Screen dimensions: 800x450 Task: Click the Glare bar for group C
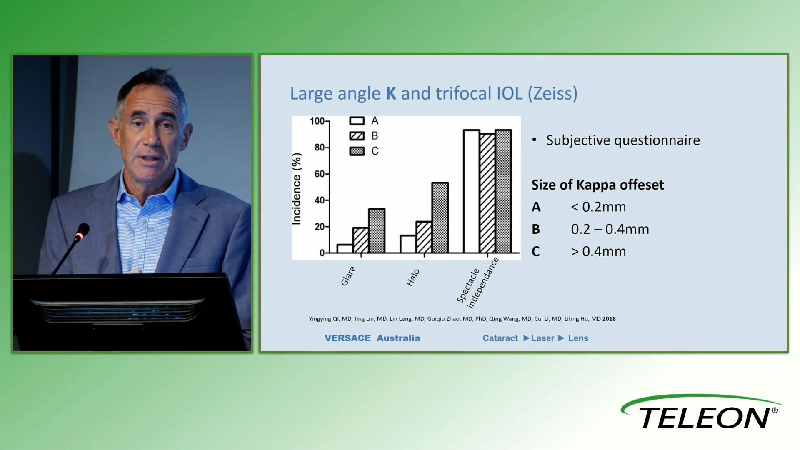[x=377, y=231]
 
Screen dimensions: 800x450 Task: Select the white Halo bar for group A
[x=408, y=244]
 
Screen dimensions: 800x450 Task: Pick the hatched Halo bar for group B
[x=424, y=237]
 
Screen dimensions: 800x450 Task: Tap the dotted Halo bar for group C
[x=440, y=217]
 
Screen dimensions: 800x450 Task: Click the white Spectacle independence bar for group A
[x=472, y=191]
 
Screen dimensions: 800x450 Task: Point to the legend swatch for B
[x=357, y=136]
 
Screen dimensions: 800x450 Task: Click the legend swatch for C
[x=357, y=151]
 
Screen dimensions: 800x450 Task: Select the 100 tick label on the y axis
[x=317, y=121]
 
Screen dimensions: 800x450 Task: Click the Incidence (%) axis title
[x=296, y=189]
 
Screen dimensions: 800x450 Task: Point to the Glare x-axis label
[x=348, y=276]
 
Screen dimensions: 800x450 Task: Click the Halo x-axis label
[x=413, y=277]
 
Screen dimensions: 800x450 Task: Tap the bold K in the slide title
[x=391, y=93]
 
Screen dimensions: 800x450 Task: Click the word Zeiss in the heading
[x=552, y=93]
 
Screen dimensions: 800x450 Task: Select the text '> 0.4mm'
[x=598, y=251]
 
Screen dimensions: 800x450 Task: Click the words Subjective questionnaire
[x=623, y=140]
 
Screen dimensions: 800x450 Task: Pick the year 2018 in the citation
[x=609, y=319]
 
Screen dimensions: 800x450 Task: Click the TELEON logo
[x=701, y=412]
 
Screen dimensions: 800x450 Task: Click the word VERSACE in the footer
[x=347, y=338]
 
